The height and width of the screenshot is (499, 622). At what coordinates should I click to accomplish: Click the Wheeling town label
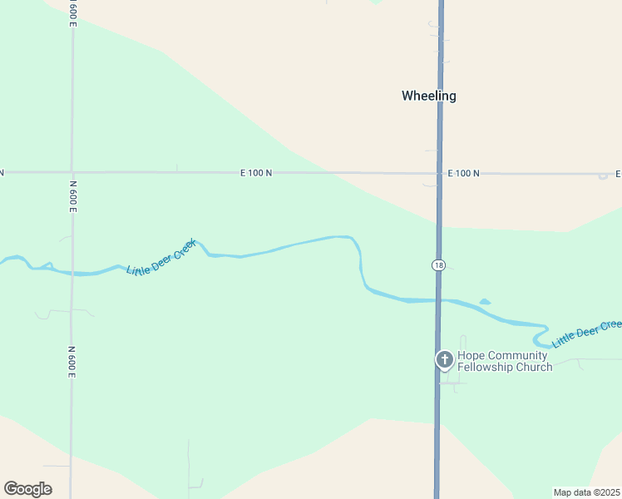coord(428,96)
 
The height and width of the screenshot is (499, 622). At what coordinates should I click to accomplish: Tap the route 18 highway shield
coord(438,264)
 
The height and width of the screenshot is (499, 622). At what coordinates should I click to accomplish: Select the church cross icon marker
coord(445,359)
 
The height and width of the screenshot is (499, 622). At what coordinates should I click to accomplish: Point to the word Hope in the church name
coord(471,356)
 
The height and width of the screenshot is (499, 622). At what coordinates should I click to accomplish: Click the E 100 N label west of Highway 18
coord(256,173)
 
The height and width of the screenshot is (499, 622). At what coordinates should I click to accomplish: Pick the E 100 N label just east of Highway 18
coord(463,173)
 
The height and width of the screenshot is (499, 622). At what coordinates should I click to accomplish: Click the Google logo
coord(27,489)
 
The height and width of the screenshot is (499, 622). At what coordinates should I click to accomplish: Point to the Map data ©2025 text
coord(586,492)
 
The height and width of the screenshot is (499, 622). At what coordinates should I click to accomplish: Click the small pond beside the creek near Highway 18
coord(485,302)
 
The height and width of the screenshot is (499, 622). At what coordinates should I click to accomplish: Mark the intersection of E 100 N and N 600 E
coord(72,172)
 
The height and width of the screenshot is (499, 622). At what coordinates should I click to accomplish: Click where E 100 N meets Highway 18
coord(439,174)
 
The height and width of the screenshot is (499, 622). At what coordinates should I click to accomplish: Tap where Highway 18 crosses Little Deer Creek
coord(438,300)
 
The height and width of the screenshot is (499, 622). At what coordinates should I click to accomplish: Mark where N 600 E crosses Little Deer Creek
coord(72,272)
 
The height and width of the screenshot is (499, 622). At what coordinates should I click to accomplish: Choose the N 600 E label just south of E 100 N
coord(73,196)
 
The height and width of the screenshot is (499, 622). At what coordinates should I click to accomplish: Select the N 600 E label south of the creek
coord(72,363)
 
